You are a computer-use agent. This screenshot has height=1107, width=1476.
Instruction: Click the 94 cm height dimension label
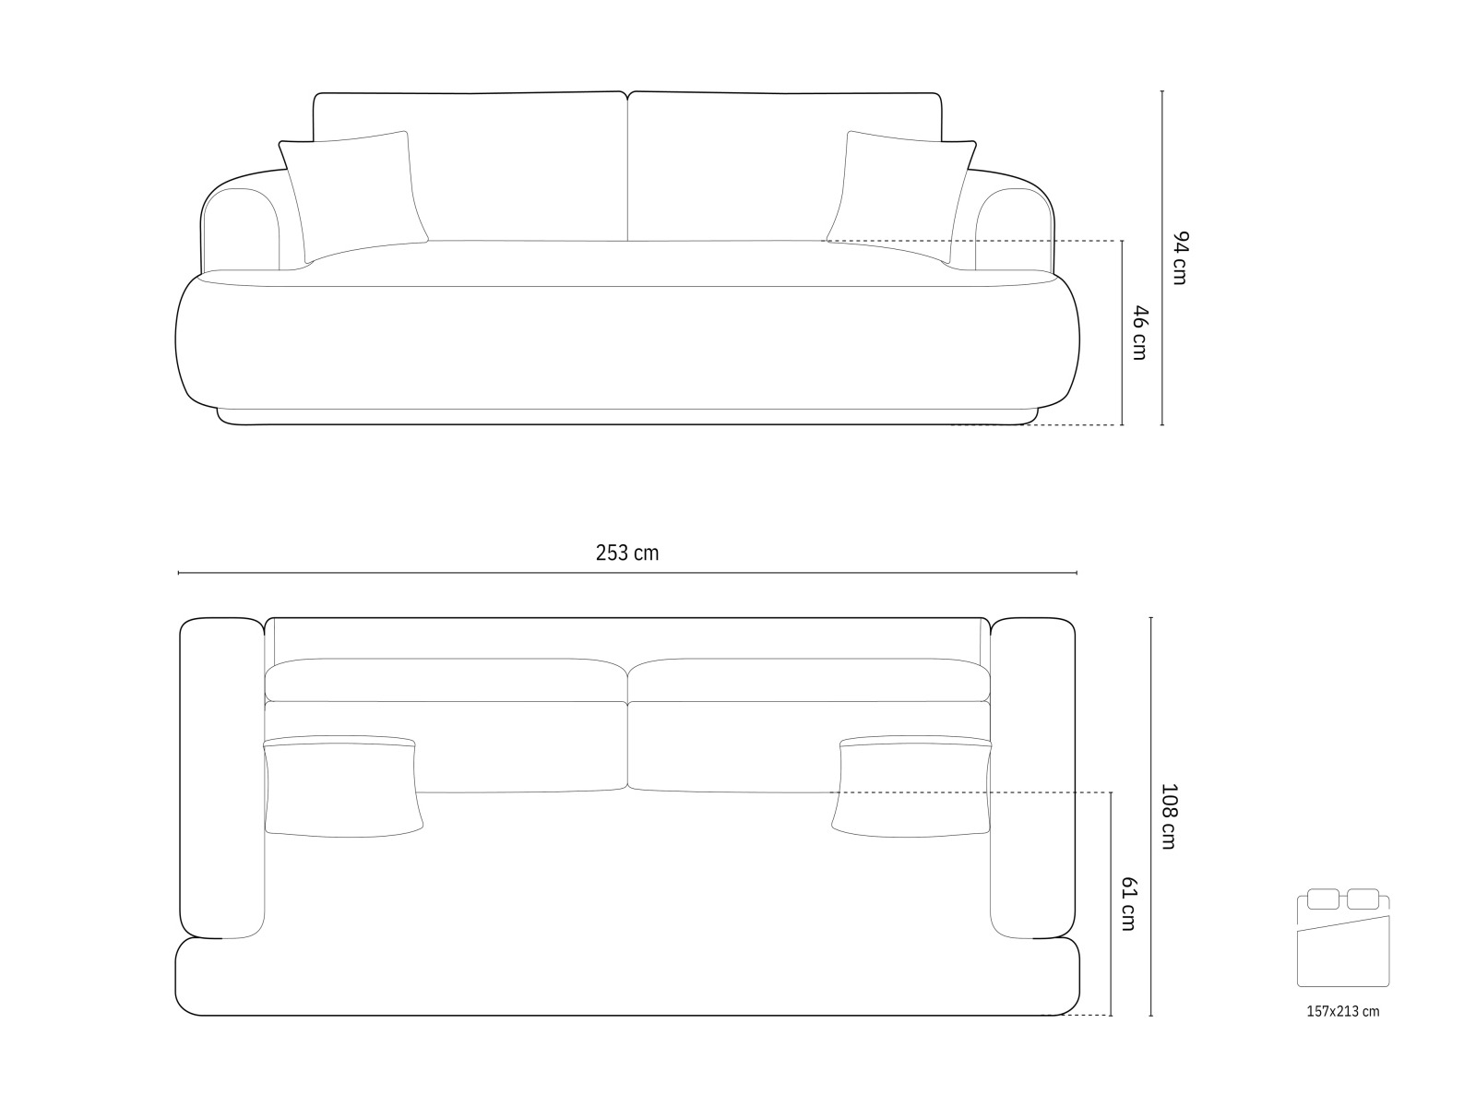(1180, 258)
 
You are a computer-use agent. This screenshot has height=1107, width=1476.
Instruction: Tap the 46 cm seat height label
(1140, 333)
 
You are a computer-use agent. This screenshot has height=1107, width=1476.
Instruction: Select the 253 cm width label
(626, 553)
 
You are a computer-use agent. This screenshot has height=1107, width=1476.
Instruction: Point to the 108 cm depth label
(1169, 816)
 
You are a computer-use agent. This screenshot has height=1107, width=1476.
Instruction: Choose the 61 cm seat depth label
(1128, 903)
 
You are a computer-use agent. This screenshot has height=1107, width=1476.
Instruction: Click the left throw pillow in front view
(353, 196)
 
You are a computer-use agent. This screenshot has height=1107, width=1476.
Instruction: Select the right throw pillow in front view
(901, 196)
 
